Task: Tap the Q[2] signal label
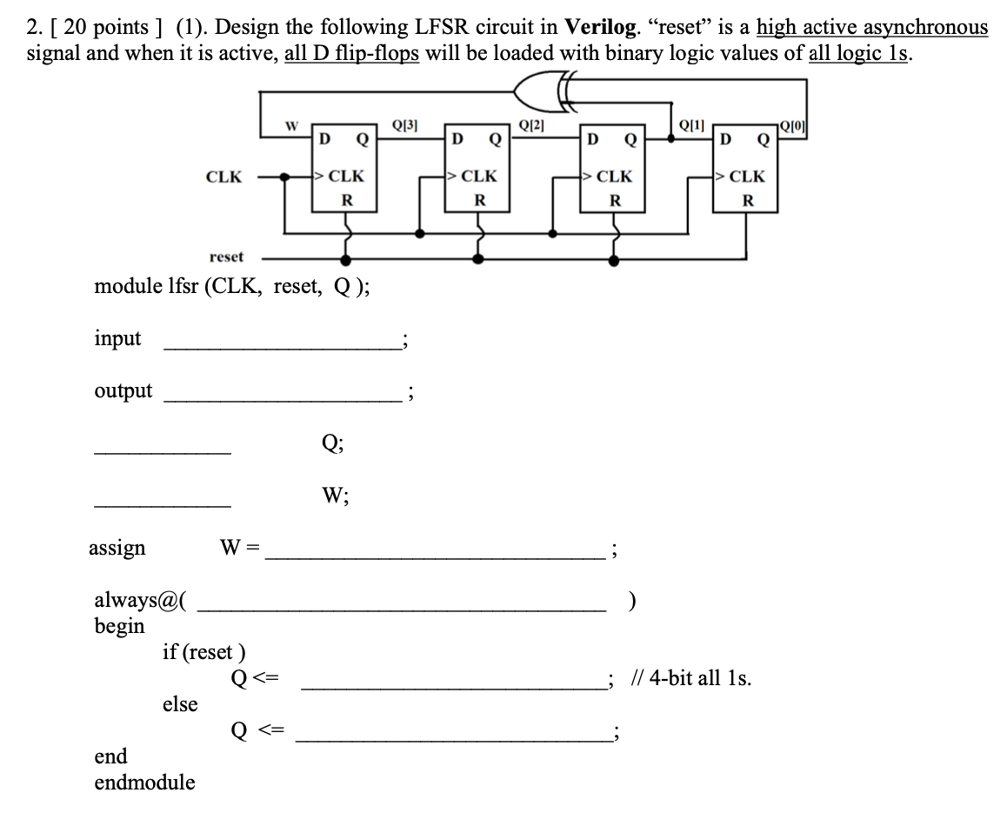(x=531, y=124)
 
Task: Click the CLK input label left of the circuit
(x=223, y=177)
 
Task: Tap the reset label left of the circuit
(x=227, y=257)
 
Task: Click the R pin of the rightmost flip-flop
(x=746, y=199)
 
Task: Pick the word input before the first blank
(x=117, y=338)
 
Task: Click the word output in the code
(x=123, y=390)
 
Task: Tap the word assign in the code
(x=117, y=548)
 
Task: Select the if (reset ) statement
(x=204, y=651)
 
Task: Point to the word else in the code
(x=180, y=703)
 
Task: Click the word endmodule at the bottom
(x=144, y=782)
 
